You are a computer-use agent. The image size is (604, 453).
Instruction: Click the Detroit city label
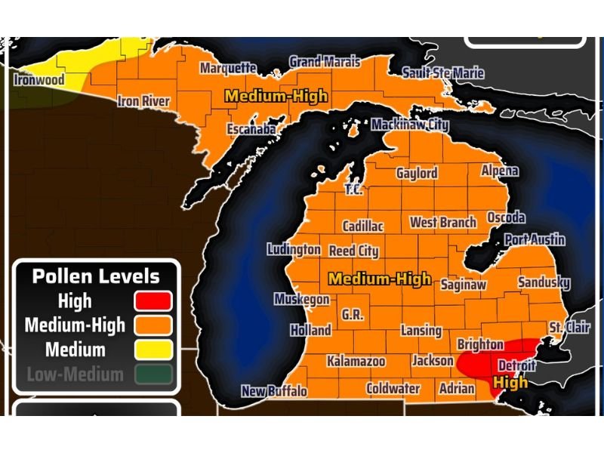point(516,366)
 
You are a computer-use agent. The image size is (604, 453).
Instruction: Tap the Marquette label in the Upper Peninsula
point(228,68)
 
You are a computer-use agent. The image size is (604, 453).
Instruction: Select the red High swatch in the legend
point(153,301)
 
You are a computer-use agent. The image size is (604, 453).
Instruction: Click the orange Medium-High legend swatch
point(153,325)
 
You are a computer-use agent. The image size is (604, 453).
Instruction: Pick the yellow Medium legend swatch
point(153,350)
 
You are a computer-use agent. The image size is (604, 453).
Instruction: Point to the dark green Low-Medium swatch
point(153,374)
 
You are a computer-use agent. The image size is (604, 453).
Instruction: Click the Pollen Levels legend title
point(96,276)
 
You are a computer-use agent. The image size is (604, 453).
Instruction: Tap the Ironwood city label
point(39,79)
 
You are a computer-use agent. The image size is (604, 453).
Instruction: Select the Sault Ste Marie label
point(443,73)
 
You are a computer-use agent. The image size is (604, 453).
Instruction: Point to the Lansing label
point(421,331)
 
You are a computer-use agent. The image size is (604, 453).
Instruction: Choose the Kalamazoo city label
point(356,362)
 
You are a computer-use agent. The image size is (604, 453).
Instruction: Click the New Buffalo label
point(274,391)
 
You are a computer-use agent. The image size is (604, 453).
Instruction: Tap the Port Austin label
point(535,239)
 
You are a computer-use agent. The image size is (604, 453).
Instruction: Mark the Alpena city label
point(500,171)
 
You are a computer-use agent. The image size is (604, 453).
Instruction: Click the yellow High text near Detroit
point(510,383)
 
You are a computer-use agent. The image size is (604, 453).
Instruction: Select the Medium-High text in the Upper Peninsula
point(276,97)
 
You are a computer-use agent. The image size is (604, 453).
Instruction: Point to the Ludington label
point(294,250)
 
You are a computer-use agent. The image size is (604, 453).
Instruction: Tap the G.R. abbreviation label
point(353,314)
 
